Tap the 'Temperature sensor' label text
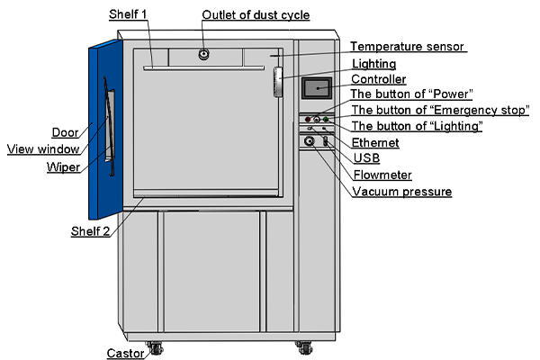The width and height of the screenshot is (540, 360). point(408,47)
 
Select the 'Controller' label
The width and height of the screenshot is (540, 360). point(379,79)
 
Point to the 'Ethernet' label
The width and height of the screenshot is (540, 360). point(375,142)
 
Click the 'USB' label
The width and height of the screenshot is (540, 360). point(365,158)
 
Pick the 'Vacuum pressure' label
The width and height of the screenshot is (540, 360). point(401,191)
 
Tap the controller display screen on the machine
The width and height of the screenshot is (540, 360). point(318,88)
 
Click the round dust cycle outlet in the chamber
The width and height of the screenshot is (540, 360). point(204,54)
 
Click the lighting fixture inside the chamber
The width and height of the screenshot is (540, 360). point(278,82)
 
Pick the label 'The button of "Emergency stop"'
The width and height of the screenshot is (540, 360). point(439,111)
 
